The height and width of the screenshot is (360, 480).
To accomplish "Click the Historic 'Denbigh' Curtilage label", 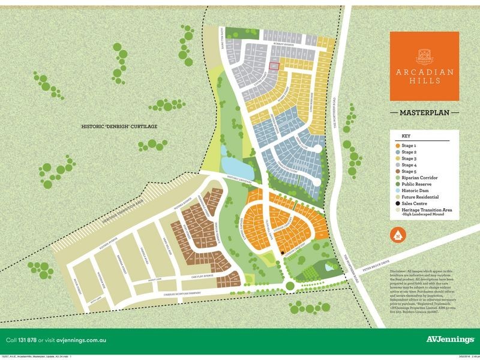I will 121,128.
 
